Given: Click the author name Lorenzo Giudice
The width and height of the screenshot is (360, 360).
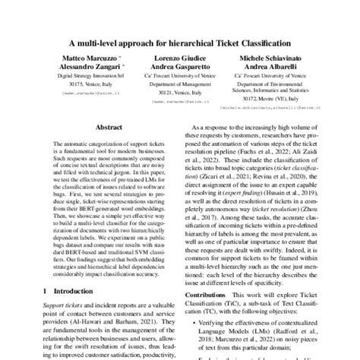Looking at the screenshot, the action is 178,58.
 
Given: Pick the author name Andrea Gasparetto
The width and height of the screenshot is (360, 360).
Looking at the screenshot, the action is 178,68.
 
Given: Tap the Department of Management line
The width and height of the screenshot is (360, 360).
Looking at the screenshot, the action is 178,84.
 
